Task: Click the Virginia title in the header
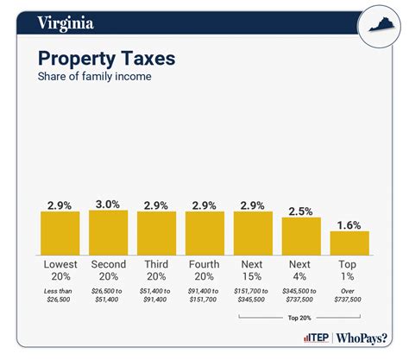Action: click(x=66, y=23)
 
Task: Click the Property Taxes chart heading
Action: click(x=106, y=59)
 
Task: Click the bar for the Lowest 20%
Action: click(x=60, y=232)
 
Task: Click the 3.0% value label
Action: click(x=109, y=203)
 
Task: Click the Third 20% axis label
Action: click(x=157, y=270)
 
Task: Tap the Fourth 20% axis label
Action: click(x=205, y=270)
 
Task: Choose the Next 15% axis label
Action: click(x=253, y=270)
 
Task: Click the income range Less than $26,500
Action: click(x=60, y=296)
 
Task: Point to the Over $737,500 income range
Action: click(x=349, y=296)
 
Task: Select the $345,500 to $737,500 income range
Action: click(x=301, y=296)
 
